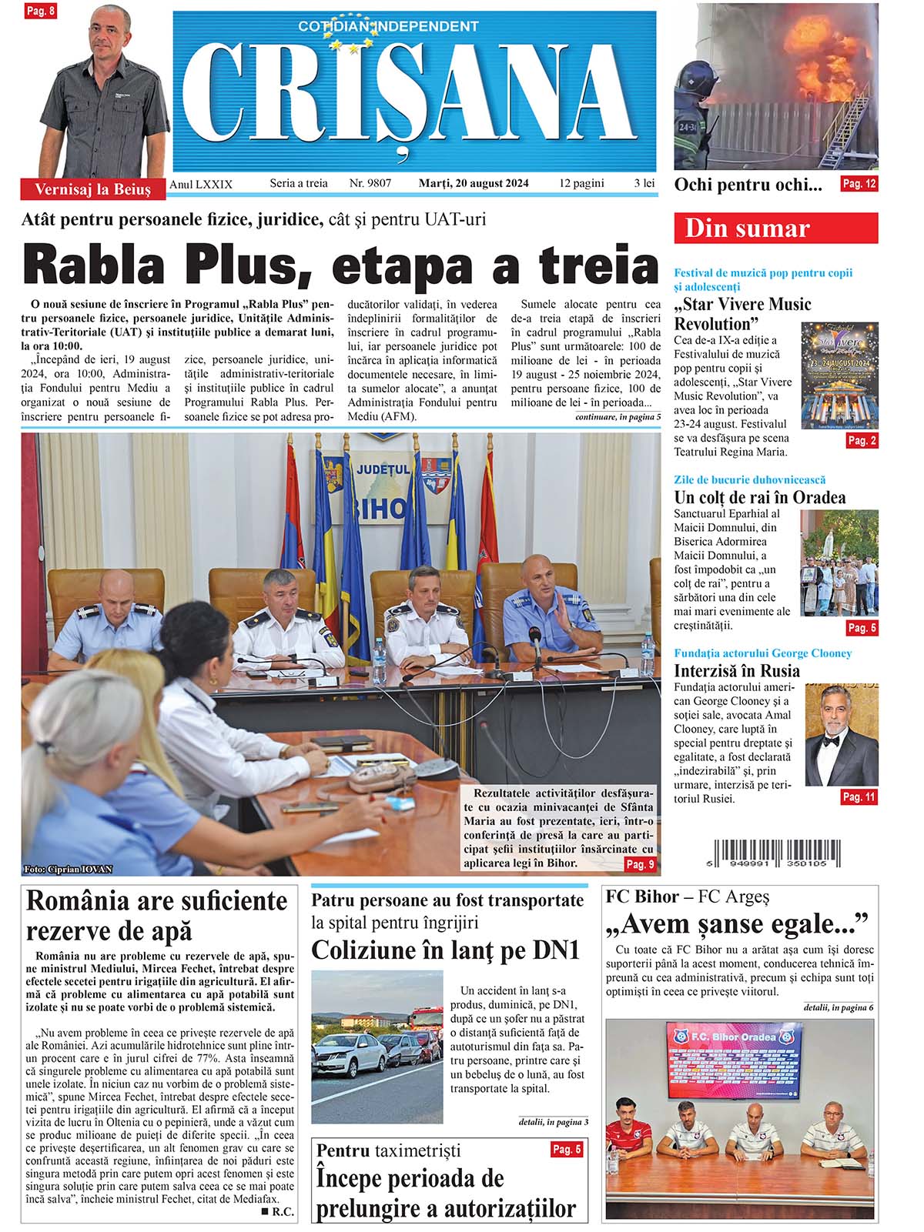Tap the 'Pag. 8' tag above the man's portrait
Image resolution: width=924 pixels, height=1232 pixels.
point(40,12)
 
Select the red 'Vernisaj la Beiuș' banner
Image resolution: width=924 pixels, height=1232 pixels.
point(92,189)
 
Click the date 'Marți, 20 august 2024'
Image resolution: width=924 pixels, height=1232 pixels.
point(474,183)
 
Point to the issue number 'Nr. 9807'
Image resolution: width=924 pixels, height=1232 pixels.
point(370,183)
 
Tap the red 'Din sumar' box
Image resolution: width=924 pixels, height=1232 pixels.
point(775,229)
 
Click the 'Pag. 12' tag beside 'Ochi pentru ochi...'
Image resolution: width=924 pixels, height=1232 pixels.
point(859,184)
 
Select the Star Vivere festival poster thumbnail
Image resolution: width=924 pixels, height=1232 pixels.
point(839,376)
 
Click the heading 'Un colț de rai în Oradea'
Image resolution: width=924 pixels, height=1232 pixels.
point(759,497)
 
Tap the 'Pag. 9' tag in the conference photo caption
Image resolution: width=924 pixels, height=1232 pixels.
point(640,864)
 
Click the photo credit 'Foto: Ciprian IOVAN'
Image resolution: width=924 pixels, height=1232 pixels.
point(69,870)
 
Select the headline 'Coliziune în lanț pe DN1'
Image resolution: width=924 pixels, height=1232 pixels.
point(445,950)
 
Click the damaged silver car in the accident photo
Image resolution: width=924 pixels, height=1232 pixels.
point(351,1057)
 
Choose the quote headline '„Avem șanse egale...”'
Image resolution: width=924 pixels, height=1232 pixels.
point(737,923)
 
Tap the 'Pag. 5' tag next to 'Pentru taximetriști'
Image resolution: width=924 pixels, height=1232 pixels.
point(567,1150)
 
